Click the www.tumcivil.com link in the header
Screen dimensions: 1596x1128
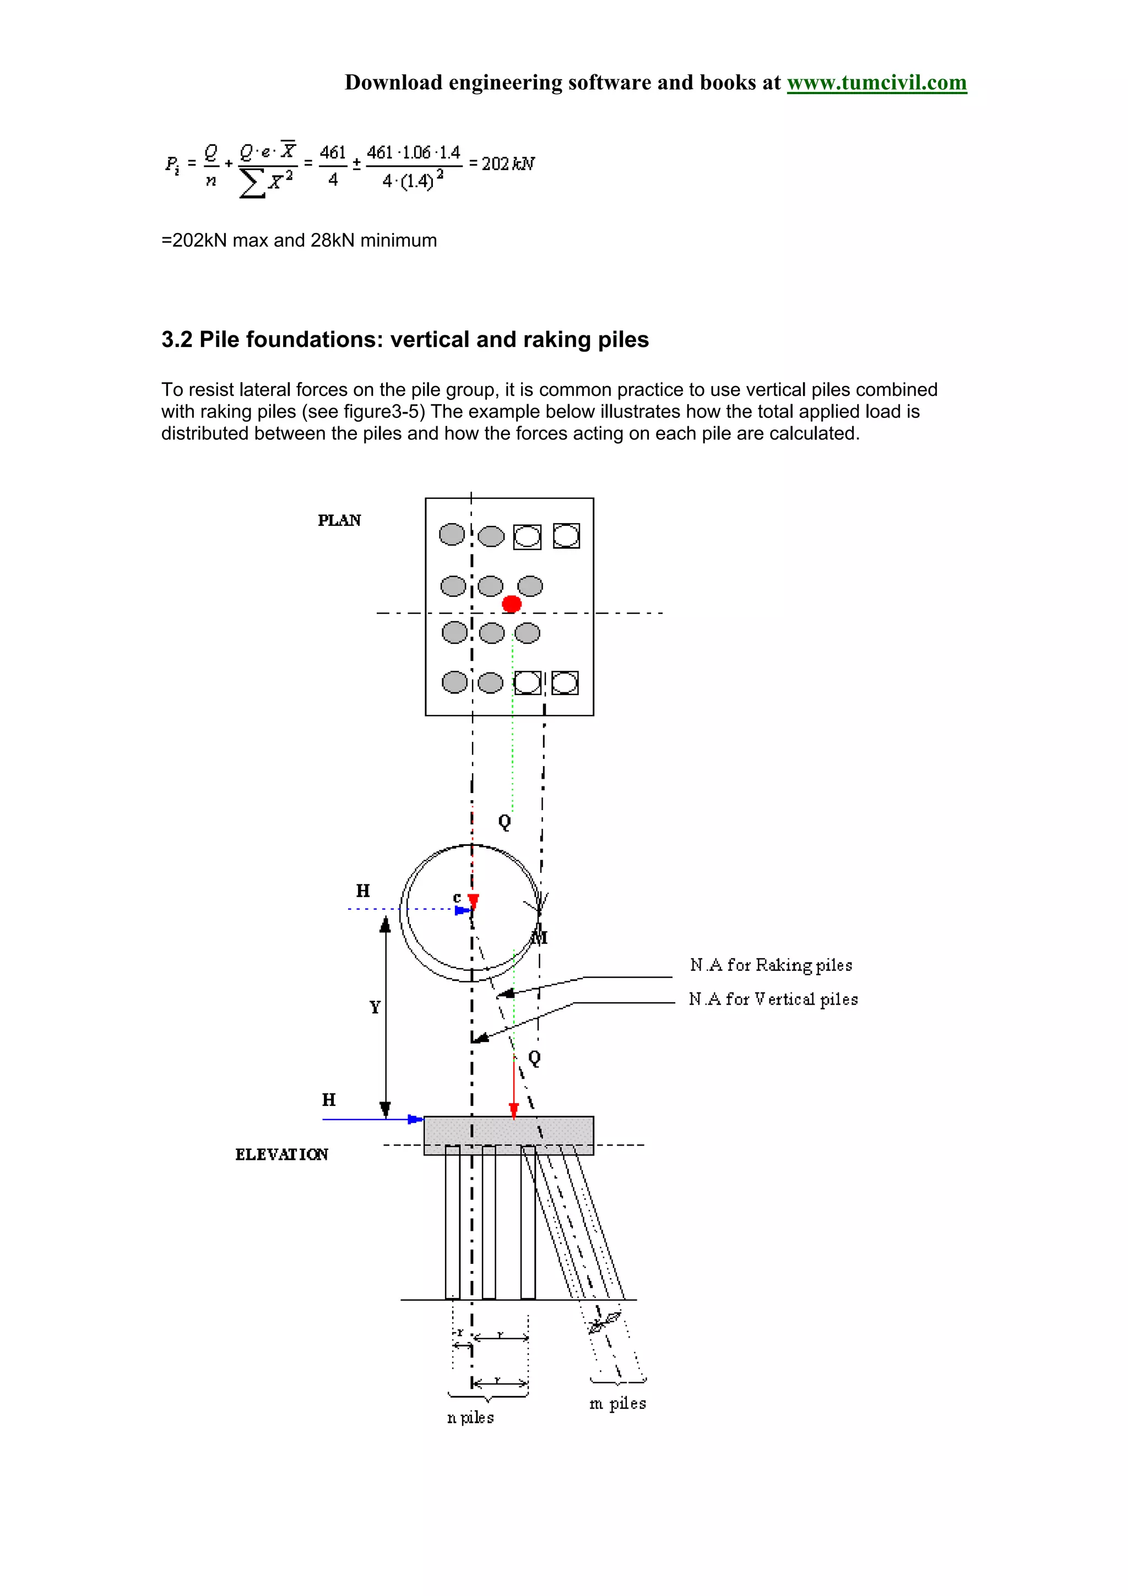pyautogui.click(x=876, y=83)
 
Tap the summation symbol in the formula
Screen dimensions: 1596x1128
pyautogui.click(x=252, y=183)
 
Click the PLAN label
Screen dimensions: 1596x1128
pyautogui.click(x=339, y=520)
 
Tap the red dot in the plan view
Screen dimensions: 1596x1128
pyautogui.click(x=512, y=604)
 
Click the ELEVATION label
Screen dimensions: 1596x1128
pyautogui.click(x=281, y=1155)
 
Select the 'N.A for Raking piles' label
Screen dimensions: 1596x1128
pyautogui.click(x=771, y=965)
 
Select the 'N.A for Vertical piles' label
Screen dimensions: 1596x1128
pyautogui.click(x=773, y=999)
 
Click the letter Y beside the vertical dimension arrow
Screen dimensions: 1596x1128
pyautogui.click(x=375, y=1007)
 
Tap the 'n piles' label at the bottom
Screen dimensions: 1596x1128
pyautogui.click(x=470, y=1418)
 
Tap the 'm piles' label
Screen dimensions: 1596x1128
pyautogui.click(x=617, y=1403)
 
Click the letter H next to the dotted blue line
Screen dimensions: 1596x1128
pyautogui.click(x=363, y=891)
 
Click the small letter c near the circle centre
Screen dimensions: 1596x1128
pyautogui.click(x=457, y=897)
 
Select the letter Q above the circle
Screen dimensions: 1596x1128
pyautogui.click(x=505, y=822)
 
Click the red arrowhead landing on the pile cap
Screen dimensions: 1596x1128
pyautogui.click(x=514, y=1111)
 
